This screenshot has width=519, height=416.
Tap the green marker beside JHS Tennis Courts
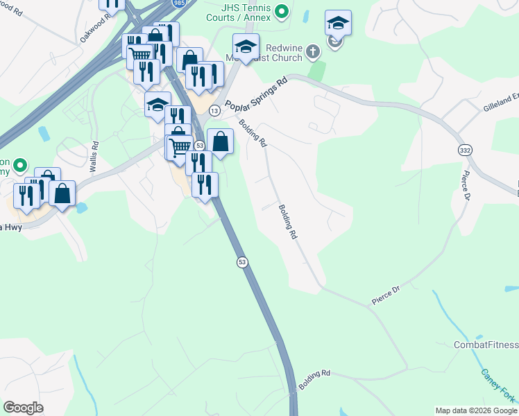(x=282, y=11)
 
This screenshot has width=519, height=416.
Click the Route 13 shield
(x=214, y=111)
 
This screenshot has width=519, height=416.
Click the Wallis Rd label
(x=94, y=157)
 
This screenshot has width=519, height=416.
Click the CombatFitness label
(x=486, y=345)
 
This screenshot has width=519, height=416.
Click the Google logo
(x=24, y=408)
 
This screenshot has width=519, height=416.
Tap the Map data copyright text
(x=476, y=410)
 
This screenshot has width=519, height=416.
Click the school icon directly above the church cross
(x=338, y=24)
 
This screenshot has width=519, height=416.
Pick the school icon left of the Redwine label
(x=246, y=47)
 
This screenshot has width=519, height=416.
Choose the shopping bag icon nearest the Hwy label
(x=62, y=193)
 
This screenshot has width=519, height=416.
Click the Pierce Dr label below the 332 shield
(x=464, y=187)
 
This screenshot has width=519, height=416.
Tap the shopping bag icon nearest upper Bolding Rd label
(x=220, y=142)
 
